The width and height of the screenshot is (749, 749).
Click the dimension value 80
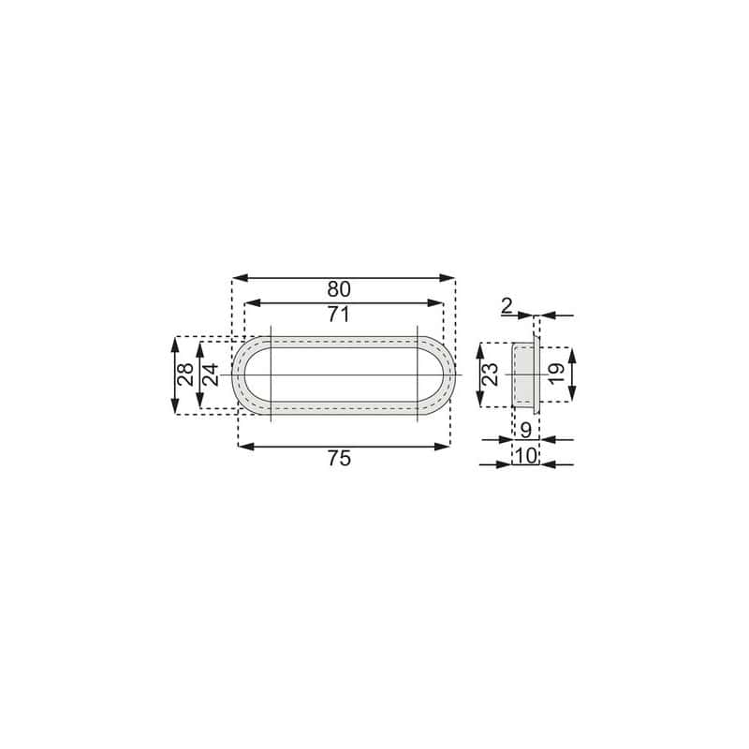click(339, 289)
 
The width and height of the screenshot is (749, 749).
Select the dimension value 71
click(339, 315)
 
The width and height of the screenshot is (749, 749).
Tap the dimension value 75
click(339, 458)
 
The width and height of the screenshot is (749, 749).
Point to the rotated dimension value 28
click(185, 374)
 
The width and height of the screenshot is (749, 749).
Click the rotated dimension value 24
click(210, 374)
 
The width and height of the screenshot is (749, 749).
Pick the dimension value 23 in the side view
click(490, 374)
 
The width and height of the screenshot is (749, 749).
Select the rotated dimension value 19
click(556, 374)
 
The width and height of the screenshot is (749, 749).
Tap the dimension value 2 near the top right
click(507, 306)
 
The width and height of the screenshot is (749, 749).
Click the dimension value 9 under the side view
click(525, 431)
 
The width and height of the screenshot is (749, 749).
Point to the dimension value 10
click(526, 456)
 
